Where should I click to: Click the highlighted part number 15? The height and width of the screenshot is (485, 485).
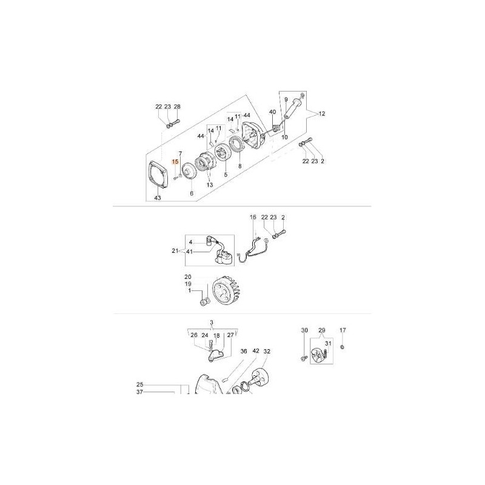pos(175,162)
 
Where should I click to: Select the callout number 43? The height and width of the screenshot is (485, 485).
pos(157,198)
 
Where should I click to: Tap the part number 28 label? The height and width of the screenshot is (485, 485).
pos(177,107)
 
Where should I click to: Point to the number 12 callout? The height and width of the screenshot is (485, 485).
pos(322,113)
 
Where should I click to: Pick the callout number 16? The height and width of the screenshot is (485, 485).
pos(253,216)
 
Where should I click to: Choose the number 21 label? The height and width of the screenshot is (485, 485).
pos(175,250)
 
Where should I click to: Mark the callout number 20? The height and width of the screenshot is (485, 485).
pos(188,276)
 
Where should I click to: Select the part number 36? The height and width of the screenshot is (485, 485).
pos(244,351)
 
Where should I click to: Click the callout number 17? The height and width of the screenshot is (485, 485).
pos(343,330)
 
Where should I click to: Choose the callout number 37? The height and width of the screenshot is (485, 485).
pos(139,392)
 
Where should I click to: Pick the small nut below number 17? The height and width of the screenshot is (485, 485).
pos(343,347)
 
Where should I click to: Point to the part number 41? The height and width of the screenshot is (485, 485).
pos(190,251)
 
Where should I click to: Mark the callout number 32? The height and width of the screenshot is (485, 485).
pos(267,351)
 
